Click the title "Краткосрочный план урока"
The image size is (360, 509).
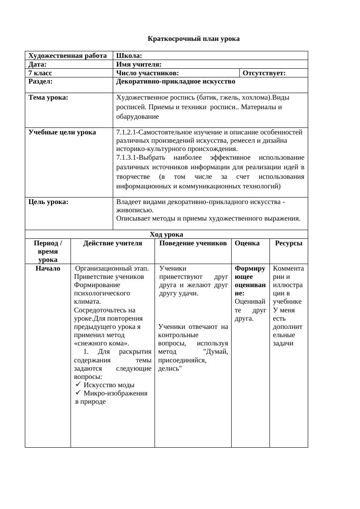tap(193, 39)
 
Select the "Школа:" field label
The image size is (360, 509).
tap(129, 56)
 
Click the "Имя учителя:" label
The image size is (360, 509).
tap(139, 64)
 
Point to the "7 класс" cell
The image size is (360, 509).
tap(40, 73)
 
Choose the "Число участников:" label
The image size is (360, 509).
tap(148, 73)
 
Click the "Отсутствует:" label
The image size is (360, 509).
tap(264, 73)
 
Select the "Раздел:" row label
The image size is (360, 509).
tap(40, 81)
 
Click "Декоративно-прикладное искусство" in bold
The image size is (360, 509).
tap(175, 81)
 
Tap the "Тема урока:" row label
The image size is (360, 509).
tap(48, 97)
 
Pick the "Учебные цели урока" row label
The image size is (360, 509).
tap(62, 132)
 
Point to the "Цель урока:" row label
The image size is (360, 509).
tap(48, 202)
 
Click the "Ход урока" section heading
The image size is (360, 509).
tap(166, 234)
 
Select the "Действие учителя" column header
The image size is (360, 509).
tap(113, 243)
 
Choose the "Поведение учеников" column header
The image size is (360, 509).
tap(193, 243)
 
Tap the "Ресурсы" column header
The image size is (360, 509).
tap(288, 243)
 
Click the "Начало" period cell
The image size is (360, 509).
tap(48, 268)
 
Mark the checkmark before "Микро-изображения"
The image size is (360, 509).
tap(78, 393)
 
